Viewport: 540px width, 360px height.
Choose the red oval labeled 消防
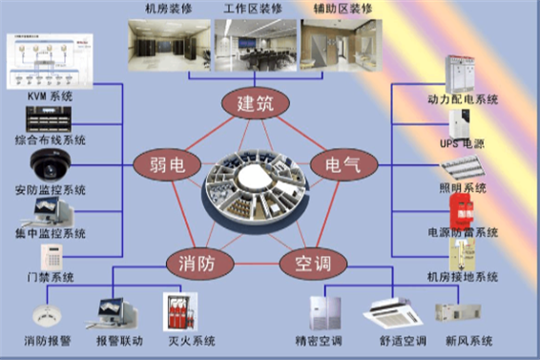198,261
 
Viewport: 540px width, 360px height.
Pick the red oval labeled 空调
311,261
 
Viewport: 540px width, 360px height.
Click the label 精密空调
320,341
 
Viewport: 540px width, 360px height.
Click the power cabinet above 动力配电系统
462,71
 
